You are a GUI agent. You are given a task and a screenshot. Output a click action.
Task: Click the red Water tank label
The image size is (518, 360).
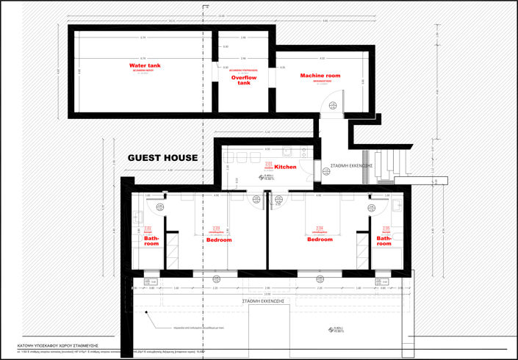click(x=144, y=65)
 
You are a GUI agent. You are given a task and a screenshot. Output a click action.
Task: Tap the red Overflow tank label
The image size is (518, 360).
click(x=244, y=79)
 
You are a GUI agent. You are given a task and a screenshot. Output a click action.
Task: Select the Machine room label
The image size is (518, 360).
click(x=320, y=76)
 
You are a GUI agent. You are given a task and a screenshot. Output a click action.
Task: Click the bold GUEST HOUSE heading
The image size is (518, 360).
click(x=162, y=157)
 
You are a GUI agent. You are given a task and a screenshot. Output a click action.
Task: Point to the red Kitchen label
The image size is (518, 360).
click(x=286, y=168)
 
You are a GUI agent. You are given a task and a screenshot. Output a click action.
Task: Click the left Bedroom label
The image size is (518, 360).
click(x=219, y=240)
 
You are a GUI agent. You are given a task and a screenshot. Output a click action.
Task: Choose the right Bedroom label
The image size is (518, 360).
click(x=320, y=240)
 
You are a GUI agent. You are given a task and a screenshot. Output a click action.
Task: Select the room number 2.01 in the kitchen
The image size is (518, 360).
click(x=269, y=163)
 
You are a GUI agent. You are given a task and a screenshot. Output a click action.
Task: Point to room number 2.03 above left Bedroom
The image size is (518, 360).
click(x=216, y=227)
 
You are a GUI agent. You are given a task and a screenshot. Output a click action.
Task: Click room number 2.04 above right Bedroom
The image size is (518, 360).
click(x=319, y=227)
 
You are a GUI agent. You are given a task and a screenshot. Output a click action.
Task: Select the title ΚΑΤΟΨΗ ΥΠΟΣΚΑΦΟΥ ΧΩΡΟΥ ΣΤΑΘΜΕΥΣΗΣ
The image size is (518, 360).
click(x=58, y=344)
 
